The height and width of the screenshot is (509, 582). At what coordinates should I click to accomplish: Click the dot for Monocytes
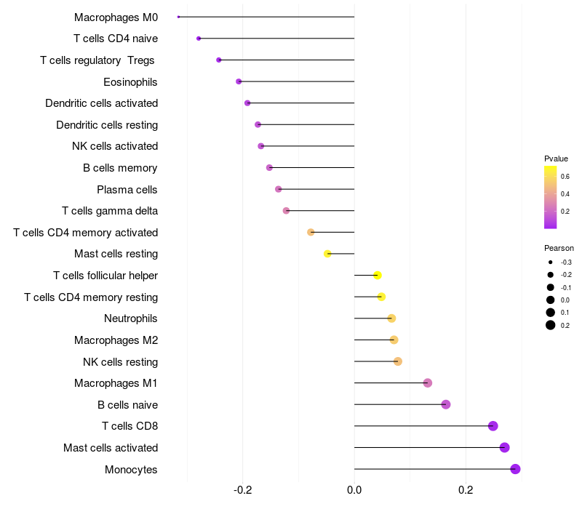515,469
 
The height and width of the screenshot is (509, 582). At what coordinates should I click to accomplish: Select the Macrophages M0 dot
178,17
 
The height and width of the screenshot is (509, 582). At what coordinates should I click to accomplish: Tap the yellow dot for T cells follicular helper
378,275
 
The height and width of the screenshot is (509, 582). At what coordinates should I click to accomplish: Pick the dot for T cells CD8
493,426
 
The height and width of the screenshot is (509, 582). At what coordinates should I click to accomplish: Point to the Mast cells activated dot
504,448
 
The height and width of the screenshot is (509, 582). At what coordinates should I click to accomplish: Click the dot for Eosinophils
239,81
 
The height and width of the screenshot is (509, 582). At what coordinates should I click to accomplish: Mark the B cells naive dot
446,404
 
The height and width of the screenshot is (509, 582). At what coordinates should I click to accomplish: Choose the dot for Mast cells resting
327,254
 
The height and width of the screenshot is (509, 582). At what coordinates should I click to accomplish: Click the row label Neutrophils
131,318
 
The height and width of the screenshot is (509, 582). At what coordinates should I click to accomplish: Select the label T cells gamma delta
110,211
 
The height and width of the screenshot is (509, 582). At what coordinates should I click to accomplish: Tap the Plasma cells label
127,190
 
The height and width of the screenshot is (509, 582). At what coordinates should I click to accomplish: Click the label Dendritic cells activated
102,103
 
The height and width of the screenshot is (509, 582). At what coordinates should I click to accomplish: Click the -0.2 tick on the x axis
242,491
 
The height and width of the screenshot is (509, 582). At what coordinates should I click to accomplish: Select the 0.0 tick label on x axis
354,491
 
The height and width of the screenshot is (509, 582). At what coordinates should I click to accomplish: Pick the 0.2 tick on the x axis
466,491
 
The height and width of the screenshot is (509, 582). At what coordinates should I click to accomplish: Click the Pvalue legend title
556,159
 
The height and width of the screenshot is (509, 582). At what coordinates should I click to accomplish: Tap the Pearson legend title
559,248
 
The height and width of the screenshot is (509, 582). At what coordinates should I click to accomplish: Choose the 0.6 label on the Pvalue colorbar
565,176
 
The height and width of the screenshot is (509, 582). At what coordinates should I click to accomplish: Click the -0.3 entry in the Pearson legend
565,262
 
